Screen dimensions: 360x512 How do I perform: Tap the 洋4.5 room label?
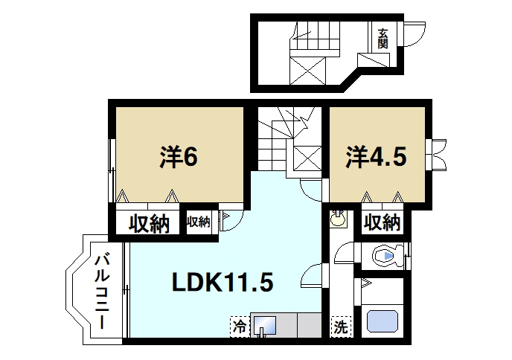tap(376, 158)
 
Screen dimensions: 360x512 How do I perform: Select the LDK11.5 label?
tap(223, 283)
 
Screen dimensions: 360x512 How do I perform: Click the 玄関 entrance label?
tap(383, 38)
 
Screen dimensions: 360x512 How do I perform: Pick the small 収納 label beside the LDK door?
tap(199, 222)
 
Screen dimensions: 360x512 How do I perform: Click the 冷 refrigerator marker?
tap(239, 325)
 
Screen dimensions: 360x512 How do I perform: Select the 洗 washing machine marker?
tap(340, 325)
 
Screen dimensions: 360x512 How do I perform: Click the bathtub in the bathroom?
tap(384, 322)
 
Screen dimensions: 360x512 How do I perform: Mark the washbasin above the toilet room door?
tap(339, 220)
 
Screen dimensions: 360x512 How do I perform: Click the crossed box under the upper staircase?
tap(307, 71)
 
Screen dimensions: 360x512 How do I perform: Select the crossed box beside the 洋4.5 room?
tap(307, 158)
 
